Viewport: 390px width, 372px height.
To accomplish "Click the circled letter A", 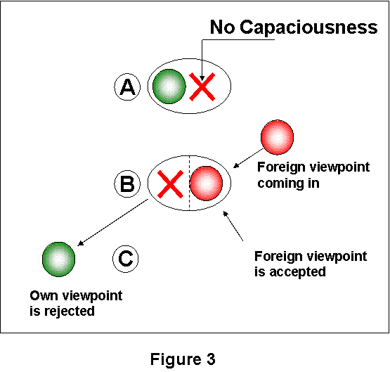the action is pyautogui.click(x=127, y=86).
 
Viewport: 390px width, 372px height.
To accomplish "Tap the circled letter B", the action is pyautogui.click(x=127, y=184).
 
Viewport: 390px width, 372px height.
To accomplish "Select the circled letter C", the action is pyautogui.click(x=126, y=259).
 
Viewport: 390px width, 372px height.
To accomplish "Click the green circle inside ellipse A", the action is pyautogui.click(x=169, y=86).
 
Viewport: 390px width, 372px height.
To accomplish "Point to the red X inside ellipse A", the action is pyautogui.click(x=202, y=86).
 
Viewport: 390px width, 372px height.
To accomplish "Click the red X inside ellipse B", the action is pyautogui.click(x=170, y=184).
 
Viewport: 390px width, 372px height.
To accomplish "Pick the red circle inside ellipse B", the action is pyautogui.click(x=206, y=184).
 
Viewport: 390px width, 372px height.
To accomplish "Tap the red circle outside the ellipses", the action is pyautogui.click(x=277, y=137).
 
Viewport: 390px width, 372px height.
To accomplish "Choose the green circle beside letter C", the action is pyautogui.click(x=59, y=259).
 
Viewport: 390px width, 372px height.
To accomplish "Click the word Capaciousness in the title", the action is pyautogui.click(x=308, y=27).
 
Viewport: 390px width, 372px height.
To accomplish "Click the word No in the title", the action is pyautogui.click(x=222, y=27).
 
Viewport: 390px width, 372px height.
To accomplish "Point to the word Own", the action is pyautogui.click(x=44, y=296).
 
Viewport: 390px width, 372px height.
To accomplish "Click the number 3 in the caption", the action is pyautogui.click(x=211, y=359).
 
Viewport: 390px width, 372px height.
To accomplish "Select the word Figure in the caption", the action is pyautogui.click(x=176, y=360).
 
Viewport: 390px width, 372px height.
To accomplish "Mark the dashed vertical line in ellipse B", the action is pyautogui.click(x=190, y=183).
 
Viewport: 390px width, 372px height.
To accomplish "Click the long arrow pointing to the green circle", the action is pyautogui.click(x=112, y=222).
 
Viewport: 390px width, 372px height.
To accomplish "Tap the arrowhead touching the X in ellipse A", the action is pyautogui.click(x=202, y=77).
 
